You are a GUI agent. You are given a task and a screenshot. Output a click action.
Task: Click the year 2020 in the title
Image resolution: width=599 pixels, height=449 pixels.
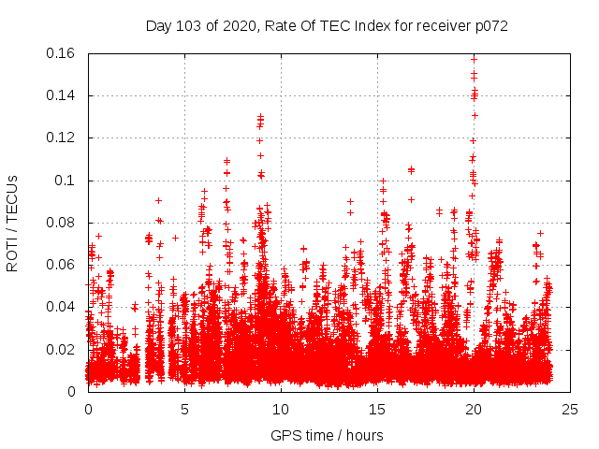[x=236, y=26]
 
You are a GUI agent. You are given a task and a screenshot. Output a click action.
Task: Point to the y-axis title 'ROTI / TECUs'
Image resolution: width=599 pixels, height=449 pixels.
[x=12, y=222]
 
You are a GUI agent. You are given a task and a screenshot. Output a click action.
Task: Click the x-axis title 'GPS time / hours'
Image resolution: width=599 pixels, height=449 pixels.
[x=327, y=435]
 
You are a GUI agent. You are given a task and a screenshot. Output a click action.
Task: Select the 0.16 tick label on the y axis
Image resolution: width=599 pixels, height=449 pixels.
[x=62, y=53]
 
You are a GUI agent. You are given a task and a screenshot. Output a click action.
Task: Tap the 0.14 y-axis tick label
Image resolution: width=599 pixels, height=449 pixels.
[x=62, y=95]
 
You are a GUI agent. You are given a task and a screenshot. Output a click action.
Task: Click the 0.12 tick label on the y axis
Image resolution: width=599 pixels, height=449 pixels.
[x=62, y=138]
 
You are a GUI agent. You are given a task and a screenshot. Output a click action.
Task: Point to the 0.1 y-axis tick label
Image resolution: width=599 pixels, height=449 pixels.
[x=67, y=180]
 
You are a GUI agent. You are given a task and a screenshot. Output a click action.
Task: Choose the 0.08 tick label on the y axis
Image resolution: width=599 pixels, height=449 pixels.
[x=62, y=223]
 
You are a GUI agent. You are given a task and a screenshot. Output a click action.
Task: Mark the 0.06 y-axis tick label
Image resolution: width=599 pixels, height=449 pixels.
[x=62, y=265]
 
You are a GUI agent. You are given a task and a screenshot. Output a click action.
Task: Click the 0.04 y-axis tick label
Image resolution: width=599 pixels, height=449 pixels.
[x=62, y=307]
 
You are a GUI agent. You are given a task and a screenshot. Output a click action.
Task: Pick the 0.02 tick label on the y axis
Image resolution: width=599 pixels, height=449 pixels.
[x=62, y=349]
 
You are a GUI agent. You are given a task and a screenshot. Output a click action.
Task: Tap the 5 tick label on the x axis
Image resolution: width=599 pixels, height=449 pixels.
[x=184, y=409]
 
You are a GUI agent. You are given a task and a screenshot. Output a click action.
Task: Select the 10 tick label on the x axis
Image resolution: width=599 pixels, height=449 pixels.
[x=281, y=409]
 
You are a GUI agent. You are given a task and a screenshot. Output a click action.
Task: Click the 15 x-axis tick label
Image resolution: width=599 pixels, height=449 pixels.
[x=377, y=409]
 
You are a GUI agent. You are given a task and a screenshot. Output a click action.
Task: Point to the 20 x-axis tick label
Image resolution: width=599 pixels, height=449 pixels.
[x=474, y=409]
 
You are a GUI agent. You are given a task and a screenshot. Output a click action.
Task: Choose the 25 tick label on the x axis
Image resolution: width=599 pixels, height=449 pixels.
[x=570, y=409]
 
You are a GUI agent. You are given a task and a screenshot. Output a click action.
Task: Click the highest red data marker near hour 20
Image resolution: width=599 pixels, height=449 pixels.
[x=474, y=58]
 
